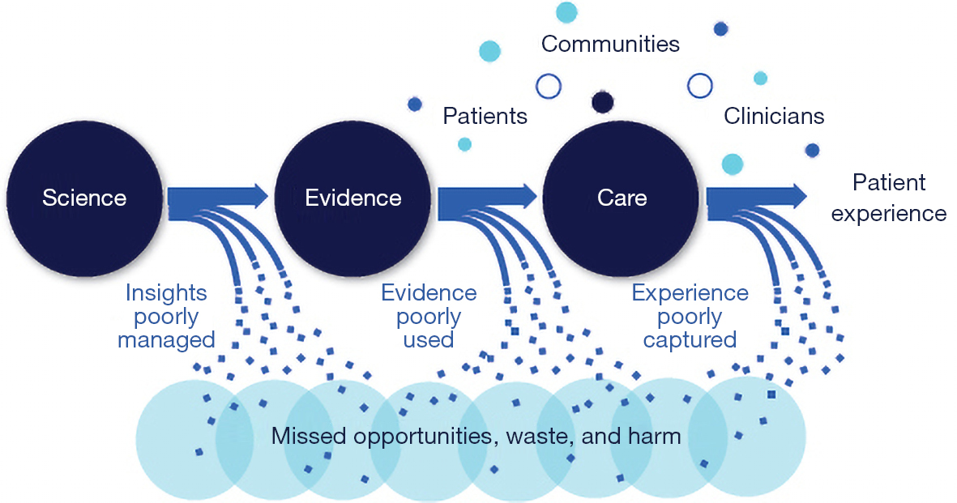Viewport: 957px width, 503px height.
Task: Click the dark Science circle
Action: pos(84,198)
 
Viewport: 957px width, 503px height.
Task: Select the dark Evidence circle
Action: pos(352,198)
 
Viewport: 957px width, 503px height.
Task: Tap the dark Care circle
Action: pos(622,198)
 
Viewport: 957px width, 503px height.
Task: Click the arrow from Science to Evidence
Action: pos(218,196)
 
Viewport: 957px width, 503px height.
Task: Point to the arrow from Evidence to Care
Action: pos(487,196)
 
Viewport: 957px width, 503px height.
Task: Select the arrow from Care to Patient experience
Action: pos(756,196)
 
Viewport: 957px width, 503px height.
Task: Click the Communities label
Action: pos(610,44)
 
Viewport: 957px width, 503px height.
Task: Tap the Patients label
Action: pos(485,116)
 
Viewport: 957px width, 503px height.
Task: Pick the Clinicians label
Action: pos(774,116)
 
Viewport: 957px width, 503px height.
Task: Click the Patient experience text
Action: pos(889,198)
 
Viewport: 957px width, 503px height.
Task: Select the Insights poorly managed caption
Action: pos(166,316)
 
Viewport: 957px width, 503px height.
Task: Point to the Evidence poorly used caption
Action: pos(429,316)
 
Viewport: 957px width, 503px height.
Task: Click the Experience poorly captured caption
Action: pos(690,316)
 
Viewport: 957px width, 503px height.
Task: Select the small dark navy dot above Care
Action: pos(602,102)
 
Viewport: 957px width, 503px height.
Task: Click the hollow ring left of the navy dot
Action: pos(549,86)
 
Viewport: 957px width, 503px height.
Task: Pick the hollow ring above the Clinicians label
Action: pos(700,86)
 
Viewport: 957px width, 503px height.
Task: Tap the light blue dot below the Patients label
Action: pos(464,144)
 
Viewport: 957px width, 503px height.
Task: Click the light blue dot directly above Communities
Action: pos(566,11)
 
